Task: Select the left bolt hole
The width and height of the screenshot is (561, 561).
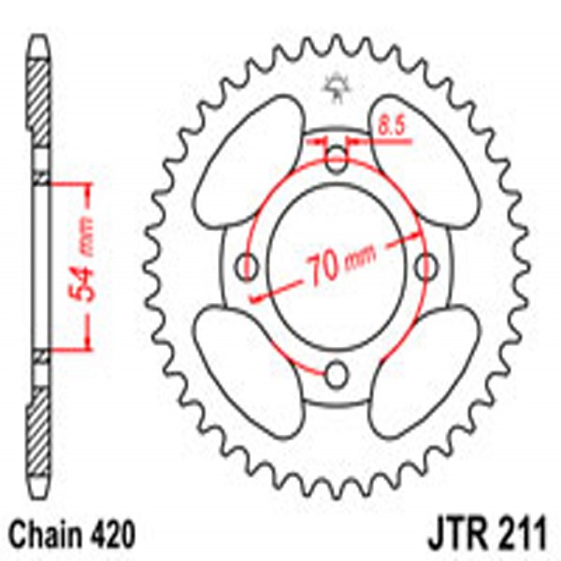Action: pyautogui.click(x=249, y=266)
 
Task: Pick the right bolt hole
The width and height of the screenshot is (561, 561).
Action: pyautogui.click(x=427, y=266)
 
